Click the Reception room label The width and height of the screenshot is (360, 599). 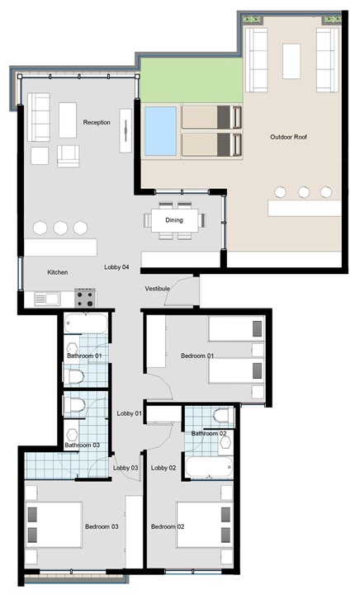(97, 122)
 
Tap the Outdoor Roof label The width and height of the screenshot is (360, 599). (288, 137)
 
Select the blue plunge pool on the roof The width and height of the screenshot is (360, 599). (160, 131)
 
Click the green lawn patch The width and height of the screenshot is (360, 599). (192, 80)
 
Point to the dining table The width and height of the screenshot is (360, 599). (175, 220)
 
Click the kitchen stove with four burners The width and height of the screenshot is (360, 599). (85, 298)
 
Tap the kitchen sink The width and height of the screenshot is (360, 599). (46, 299)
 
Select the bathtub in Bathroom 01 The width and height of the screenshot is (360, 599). (86, 323)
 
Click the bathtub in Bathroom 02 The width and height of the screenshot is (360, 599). (209, 467)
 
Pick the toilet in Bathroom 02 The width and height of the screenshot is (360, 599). (223, 416)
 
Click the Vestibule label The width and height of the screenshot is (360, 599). (157, 289)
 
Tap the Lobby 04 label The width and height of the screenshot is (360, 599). (116, 267)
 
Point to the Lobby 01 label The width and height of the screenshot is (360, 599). (129, 413)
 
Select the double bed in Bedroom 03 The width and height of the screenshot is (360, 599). (54, 525)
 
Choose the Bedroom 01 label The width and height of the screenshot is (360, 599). (197, 356)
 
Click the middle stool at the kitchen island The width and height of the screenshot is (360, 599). (61, 228)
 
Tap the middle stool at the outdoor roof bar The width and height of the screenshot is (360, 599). (304, 192)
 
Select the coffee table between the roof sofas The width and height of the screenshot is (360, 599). (291, 61)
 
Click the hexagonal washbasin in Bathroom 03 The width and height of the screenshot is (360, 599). (72, 435)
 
